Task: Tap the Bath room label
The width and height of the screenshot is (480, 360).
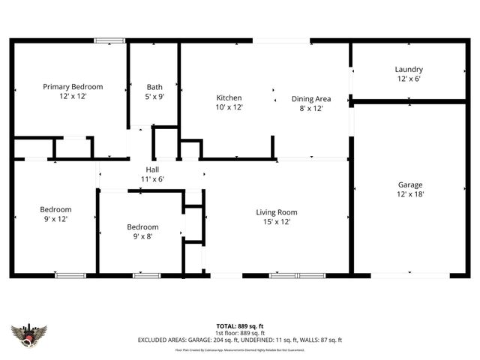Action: tap(154, 87)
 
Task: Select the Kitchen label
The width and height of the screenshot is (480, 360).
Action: tap(229, 98)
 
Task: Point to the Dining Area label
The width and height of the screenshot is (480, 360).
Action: tap(311, 98)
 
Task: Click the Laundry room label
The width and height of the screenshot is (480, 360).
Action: tap(409, 69)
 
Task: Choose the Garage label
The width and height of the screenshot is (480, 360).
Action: tap(410, 184)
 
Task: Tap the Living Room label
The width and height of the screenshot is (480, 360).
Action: tap(277, 212)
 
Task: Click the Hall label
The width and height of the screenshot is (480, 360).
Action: tap(152, 170)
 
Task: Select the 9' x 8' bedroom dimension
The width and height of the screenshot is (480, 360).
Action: tap(142, 237)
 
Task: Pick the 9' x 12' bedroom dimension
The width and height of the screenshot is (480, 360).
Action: tap(56, 219)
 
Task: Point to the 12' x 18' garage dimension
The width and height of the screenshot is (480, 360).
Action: tap(410, 194)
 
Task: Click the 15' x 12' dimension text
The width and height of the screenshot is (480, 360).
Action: tap(277, 222)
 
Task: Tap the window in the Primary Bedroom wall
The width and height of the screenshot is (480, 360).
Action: tap(109, 40)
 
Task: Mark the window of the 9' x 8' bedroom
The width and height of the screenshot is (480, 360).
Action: tap(146, 275)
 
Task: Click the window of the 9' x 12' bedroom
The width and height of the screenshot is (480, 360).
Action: tap(69, 275)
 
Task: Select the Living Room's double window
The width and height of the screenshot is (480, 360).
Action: tap(297, 275)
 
